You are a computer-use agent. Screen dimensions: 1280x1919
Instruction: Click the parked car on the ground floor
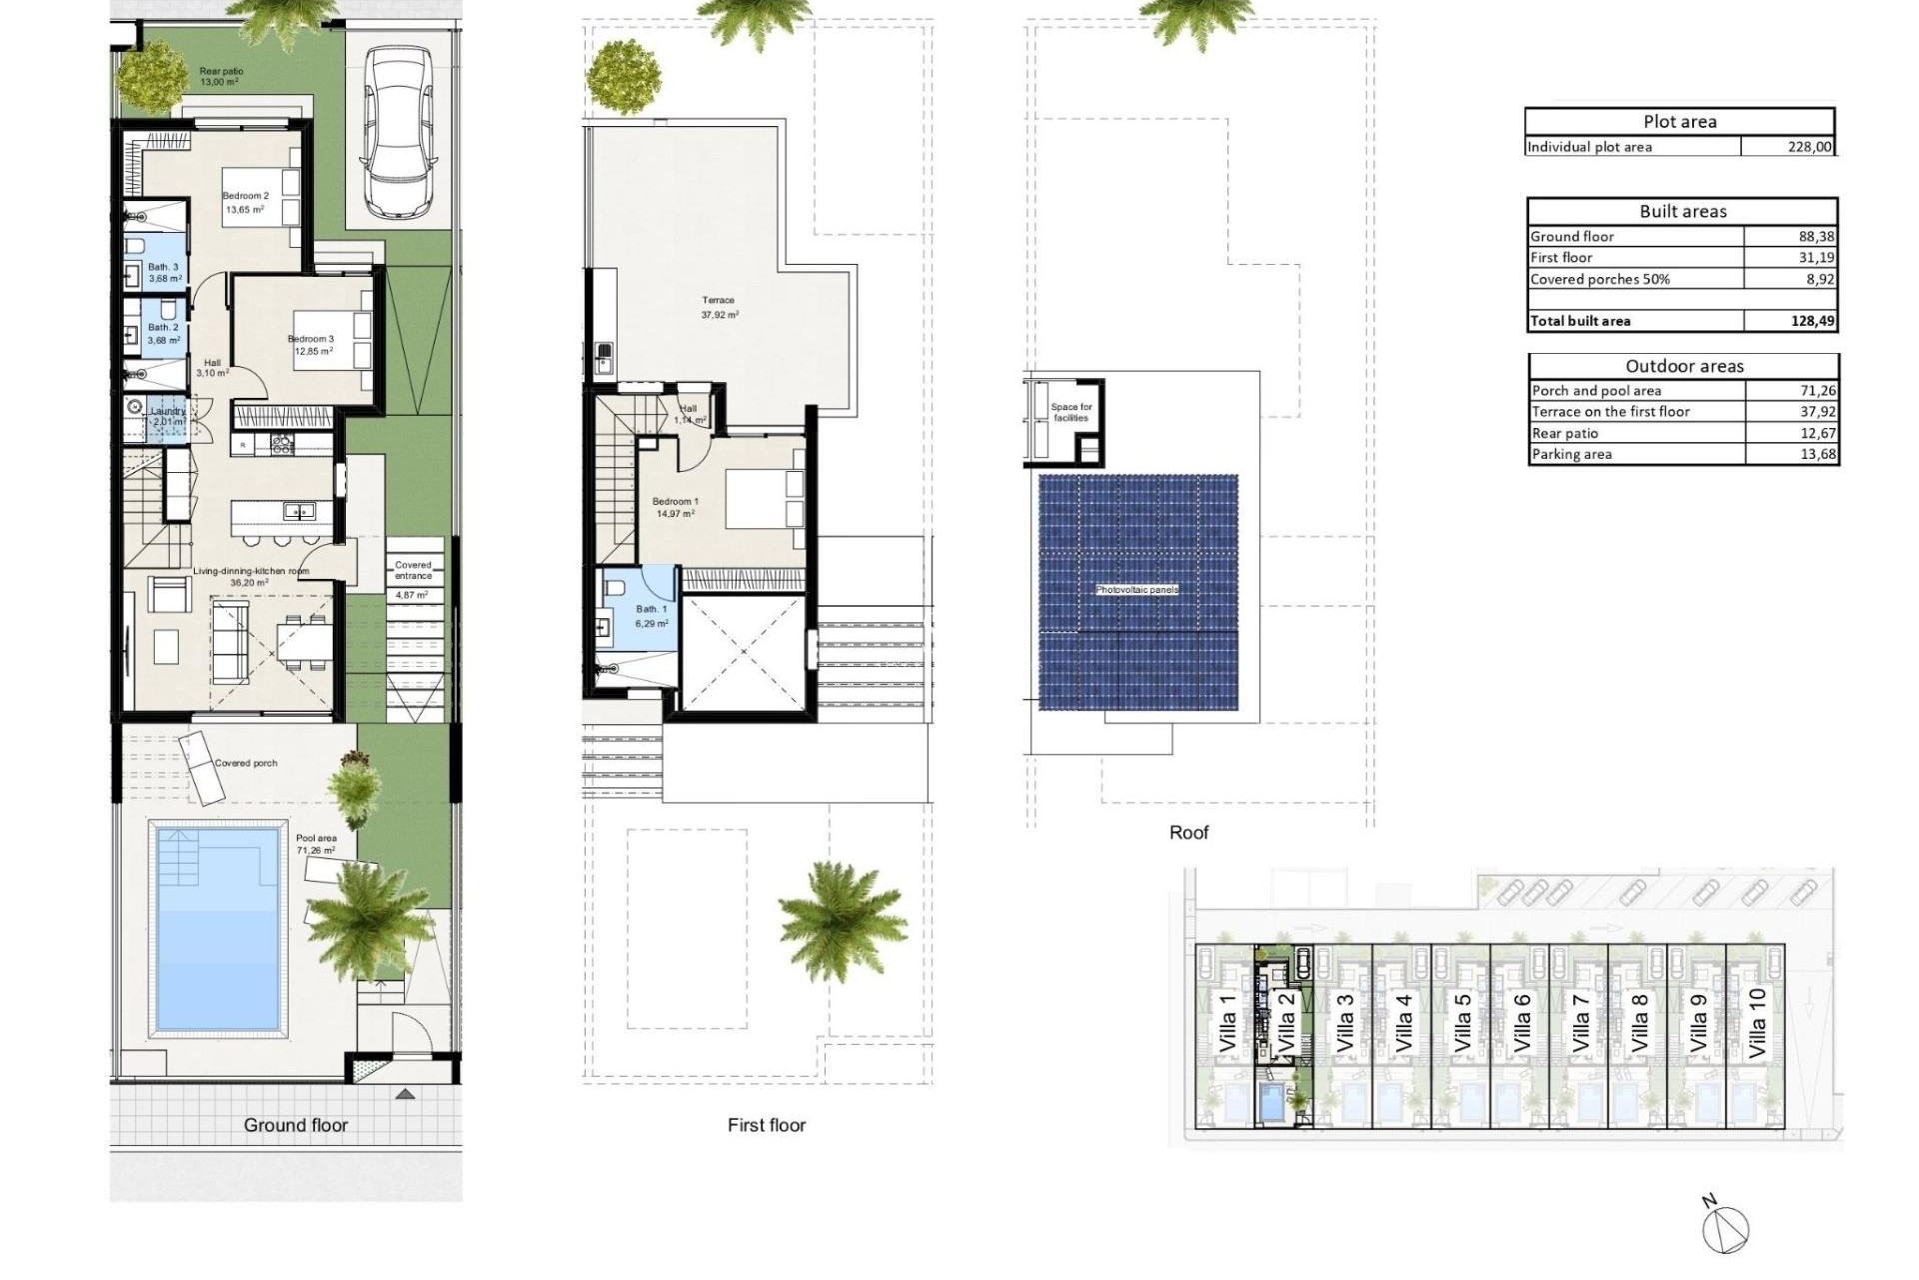pos(398,132)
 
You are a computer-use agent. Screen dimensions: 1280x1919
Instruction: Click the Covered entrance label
pos(413,570)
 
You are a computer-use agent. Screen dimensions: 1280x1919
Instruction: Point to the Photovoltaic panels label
pos(1137,590)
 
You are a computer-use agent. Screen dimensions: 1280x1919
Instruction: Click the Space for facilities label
pos(1071,412)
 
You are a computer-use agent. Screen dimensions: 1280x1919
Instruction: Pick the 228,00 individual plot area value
pos(1809,147)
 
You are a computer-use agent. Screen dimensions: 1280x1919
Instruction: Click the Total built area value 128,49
pos(1813,321)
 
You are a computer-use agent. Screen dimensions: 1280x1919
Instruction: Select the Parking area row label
pos(1571,454)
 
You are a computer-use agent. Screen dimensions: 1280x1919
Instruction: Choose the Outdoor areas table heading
pos(1684,366)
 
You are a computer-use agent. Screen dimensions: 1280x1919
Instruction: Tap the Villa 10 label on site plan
pos(1757,1024)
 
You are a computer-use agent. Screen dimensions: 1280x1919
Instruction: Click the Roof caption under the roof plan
pos(1188,832)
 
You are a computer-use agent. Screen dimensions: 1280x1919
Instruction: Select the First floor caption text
pos(766,1125)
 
